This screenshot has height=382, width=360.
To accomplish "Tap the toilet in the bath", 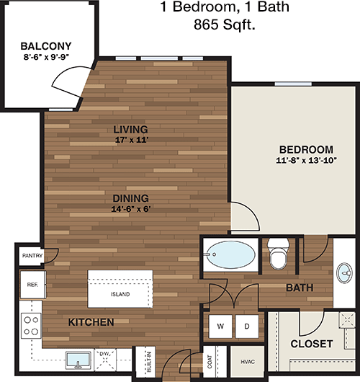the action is tap(279, 254).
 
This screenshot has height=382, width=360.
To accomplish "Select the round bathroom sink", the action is tap(344, 273).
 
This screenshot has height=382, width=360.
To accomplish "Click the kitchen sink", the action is tap(78, 360).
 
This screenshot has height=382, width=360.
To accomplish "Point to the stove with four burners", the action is tap(31, 326).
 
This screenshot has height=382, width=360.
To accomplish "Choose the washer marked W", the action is tap(220, 327).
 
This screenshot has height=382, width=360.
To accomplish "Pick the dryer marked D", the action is tap(247, 327).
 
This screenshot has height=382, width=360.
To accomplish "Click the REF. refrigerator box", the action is tap(33, 285).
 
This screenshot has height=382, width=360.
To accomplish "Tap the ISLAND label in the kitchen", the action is tap(120, 294).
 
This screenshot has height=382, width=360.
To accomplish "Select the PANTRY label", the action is tap(32, 256).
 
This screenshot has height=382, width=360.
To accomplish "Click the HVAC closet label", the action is tap(248, 362).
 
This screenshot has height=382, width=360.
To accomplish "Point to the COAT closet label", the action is tap(210, 362).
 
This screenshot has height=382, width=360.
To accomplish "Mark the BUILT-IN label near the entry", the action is tap(149, 362).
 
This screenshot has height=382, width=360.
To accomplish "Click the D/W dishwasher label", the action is tap(105, 353).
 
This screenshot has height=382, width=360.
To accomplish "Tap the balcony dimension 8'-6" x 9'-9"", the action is tap(46, 57).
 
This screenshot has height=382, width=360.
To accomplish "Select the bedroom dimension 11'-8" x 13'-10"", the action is tap(306, 160).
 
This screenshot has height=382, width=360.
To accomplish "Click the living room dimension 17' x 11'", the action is tap(132, 140).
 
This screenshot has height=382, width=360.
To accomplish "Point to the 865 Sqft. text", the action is tap(225, 25).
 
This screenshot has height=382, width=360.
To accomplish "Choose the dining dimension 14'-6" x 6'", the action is tap(131, 209).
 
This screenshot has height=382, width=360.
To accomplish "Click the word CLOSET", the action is tap(312, 344).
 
